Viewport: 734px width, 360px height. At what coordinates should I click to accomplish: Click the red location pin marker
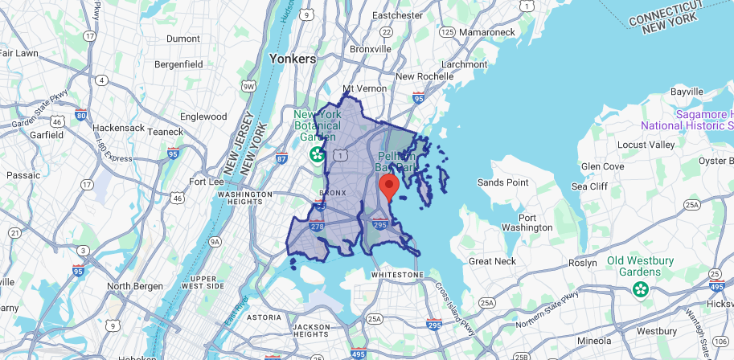tap(389, 186)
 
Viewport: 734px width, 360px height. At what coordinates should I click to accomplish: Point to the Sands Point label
tap(503, 182)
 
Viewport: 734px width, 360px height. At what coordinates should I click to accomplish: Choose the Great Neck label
tap(493, 261)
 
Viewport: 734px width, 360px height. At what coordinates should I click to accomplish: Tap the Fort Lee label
tap(205, 181)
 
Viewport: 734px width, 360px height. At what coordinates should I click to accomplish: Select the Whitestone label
tap(397, 275)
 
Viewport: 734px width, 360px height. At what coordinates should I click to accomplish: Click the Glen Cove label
tap(601, 166)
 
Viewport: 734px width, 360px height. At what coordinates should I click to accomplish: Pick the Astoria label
tap(264, 317)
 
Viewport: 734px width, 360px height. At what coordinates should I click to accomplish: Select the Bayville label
tap(687, 92)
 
